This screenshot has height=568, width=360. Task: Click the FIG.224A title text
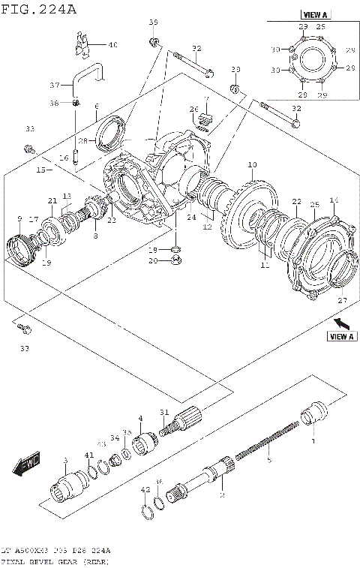click(x=39, y=8)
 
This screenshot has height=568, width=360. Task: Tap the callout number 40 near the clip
click(x=112, y=45)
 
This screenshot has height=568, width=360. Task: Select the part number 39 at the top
click(x=153, y=22)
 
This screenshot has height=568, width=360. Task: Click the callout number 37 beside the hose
click(x=55, y=84)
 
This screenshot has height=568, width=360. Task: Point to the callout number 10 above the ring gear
click(x=252, y=164)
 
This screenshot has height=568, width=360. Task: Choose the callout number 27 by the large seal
click(x=342, y=300)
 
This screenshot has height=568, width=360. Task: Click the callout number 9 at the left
click(x=19, y=218)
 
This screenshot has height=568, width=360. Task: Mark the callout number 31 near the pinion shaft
click(x=164, y=411)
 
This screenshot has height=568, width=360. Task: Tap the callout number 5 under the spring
click(x=269, y=459)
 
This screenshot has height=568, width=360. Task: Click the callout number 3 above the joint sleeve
click(x=65, y=460)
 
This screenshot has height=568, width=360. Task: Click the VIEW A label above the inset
click(x=315, y=14)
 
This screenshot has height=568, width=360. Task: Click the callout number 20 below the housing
click(x=153, y=261)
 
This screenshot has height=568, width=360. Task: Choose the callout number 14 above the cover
click(x=334, y=200)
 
